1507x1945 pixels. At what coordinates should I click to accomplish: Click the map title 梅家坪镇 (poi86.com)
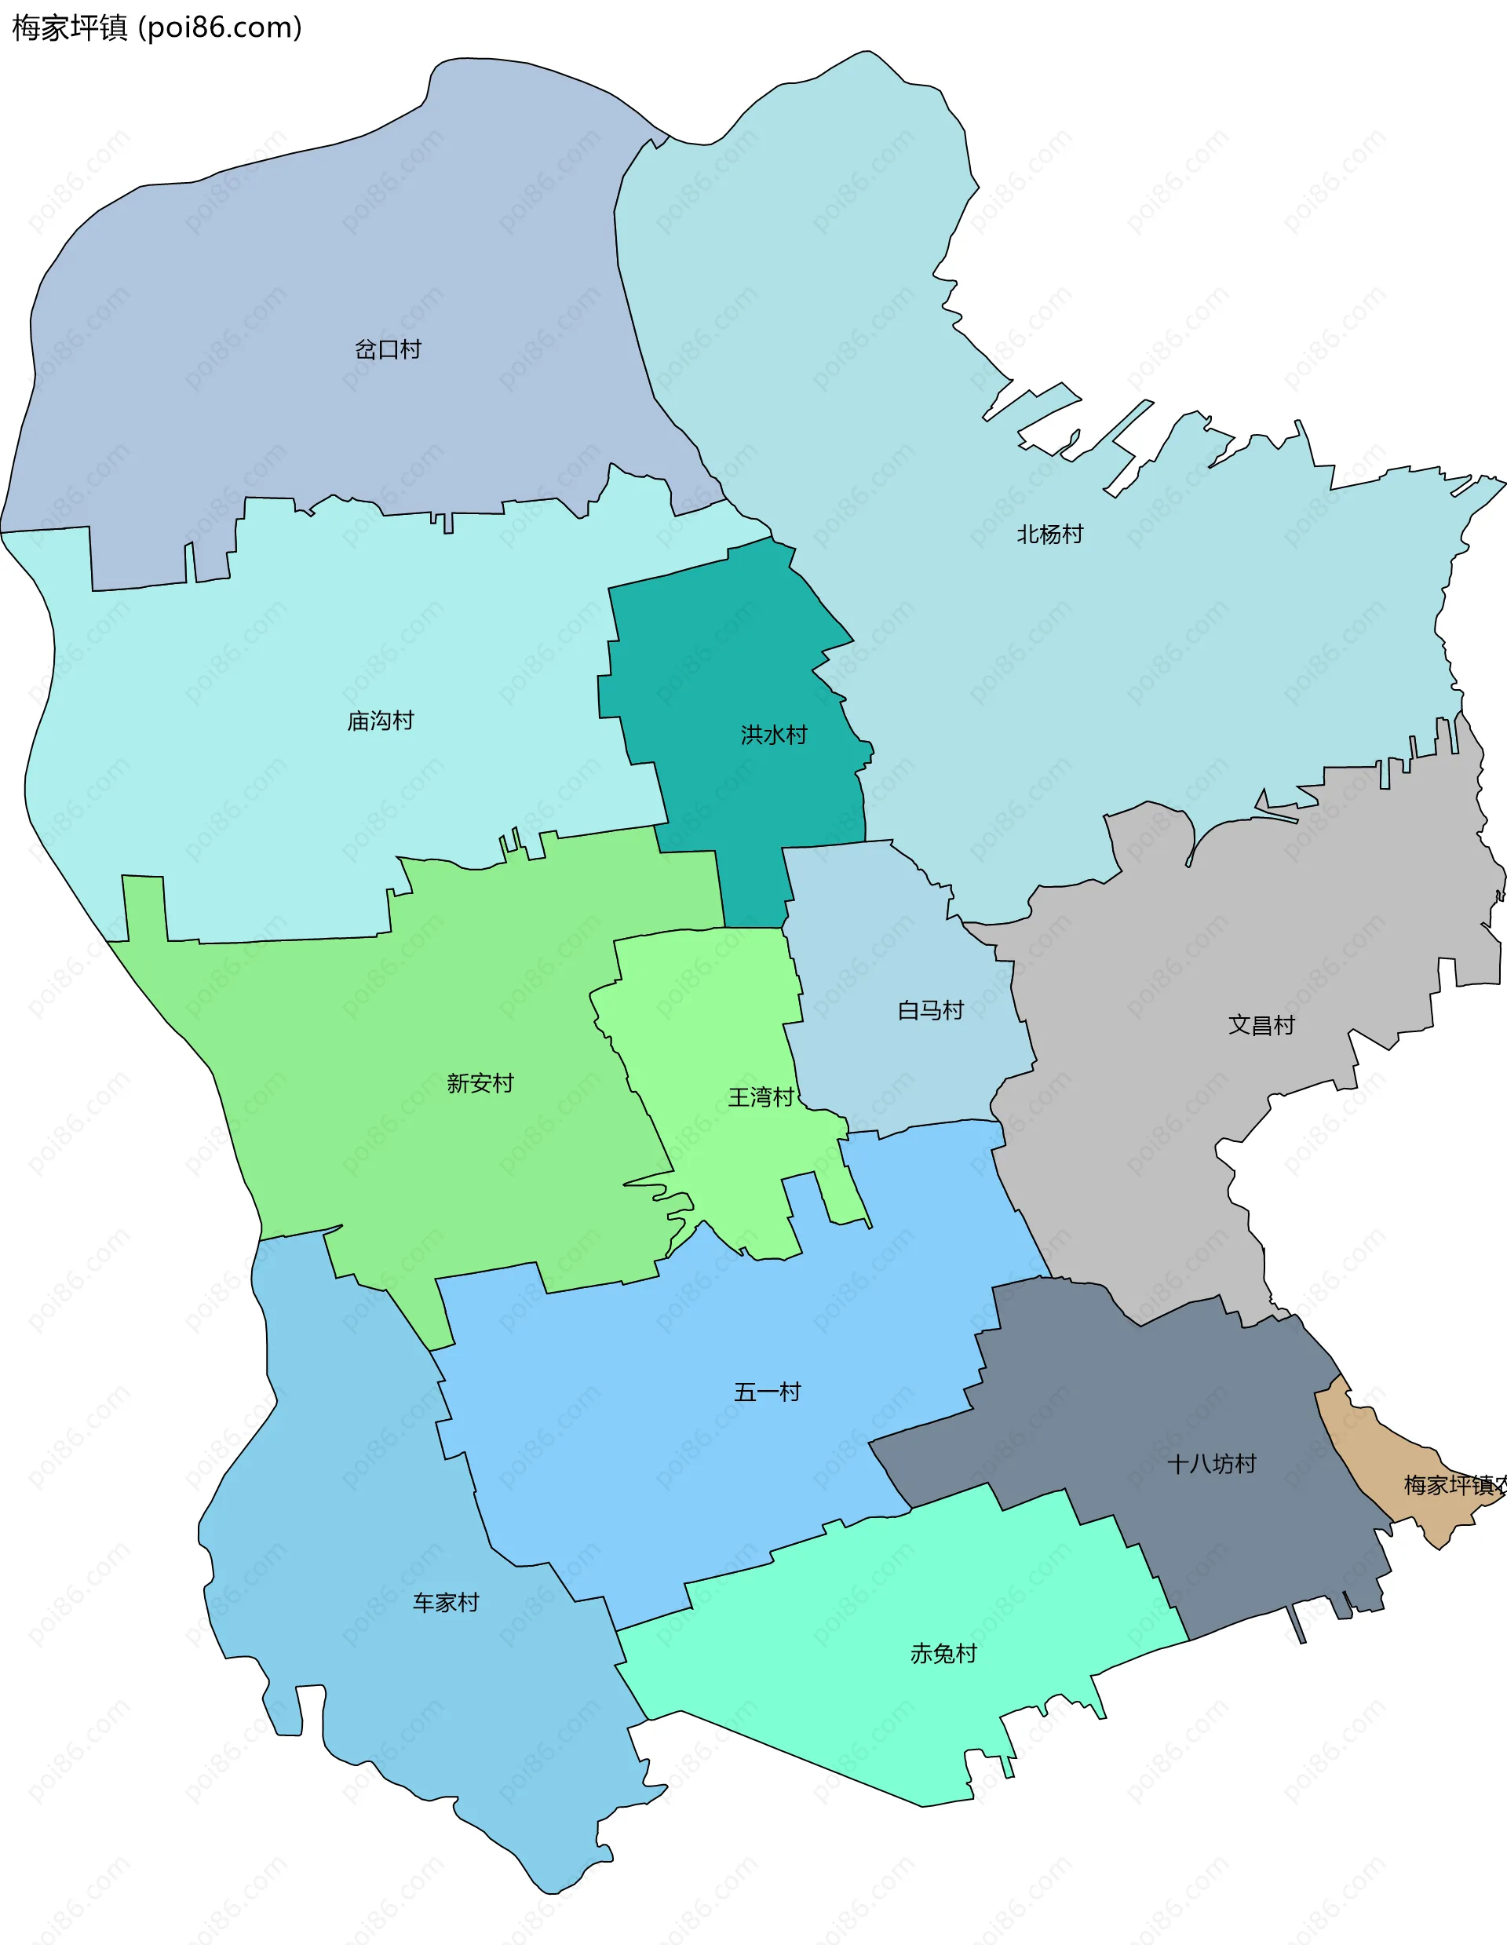(157, 27)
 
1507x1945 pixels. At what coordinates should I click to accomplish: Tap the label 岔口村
(388, 349)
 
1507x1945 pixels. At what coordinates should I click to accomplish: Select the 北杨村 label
(1050, 535)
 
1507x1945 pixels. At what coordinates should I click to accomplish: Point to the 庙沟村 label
(381, 721)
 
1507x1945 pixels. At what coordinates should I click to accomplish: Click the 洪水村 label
(774, 735)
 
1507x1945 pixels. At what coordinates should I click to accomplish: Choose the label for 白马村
(931, 1010)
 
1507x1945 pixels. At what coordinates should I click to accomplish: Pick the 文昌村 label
(1261, 1025)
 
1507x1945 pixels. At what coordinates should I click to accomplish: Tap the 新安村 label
(480, 1083)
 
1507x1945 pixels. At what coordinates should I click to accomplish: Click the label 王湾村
(761, 1097)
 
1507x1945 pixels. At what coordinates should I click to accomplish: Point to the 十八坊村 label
(1211, 1464)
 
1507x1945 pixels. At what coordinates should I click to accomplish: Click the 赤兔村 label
(943, 1654)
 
